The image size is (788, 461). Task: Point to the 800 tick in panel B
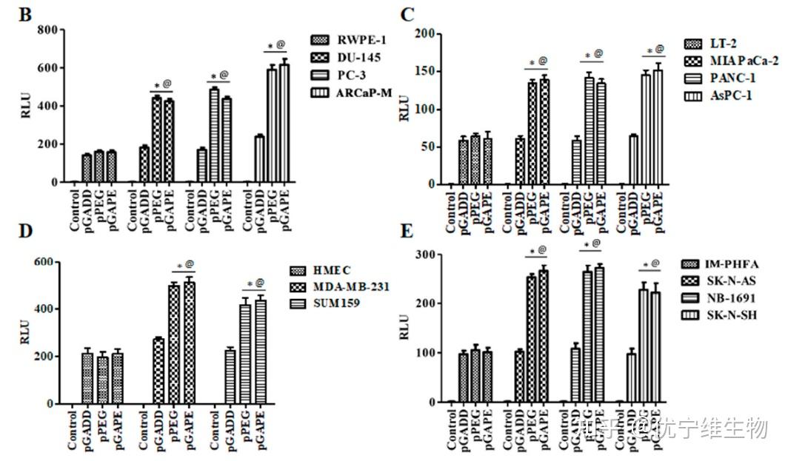click(x=47, y=30)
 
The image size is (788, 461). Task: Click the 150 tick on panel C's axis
click(x=426, y=72)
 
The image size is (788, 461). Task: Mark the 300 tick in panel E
click(x=426, y=255)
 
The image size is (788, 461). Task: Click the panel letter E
click(x=407, y=231)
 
